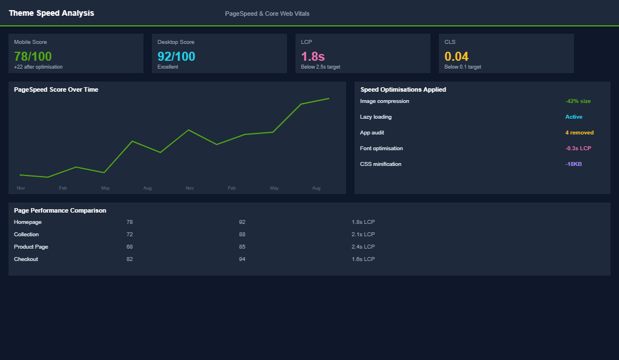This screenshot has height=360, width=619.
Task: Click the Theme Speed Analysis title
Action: coord(51,13)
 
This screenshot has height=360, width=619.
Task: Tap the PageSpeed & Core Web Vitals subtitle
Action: coord(267,13)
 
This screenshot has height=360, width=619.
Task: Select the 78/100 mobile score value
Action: coord(33,56)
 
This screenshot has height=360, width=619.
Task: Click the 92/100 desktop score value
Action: coord(176,56)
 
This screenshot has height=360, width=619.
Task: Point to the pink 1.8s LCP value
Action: coord(313,56)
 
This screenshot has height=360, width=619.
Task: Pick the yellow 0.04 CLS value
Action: coord(456,56)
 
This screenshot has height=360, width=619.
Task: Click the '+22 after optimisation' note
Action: coord(38,67)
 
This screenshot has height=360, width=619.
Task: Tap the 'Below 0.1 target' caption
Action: coord(463,67)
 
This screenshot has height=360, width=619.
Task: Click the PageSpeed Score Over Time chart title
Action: coord(56,89)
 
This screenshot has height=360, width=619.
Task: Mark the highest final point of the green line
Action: coord(329,98)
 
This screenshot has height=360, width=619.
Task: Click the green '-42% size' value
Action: coord(578,101)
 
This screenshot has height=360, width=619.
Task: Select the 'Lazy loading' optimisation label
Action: coord(376,117)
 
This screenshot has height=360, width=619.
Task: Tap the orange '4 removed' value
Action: coord(579,133)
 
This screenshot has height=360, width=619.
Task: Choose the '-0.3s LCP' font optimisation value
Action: coord(578,148)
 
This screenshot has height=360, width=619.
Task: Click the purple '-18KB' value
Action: coord(573,164)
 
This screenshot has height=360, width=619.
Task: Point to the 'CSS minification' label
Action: coord(381,164)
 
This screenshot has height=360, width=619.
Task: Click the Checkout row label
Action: coord(26,259)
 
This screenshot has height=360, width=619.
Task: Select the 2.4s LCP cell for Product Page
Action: coord(363,247)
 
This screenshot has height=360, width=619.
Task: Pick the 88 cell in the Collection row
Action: coord(242,235)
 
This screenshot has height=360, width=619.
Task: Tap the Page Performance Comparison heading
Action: coord(60,210)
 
